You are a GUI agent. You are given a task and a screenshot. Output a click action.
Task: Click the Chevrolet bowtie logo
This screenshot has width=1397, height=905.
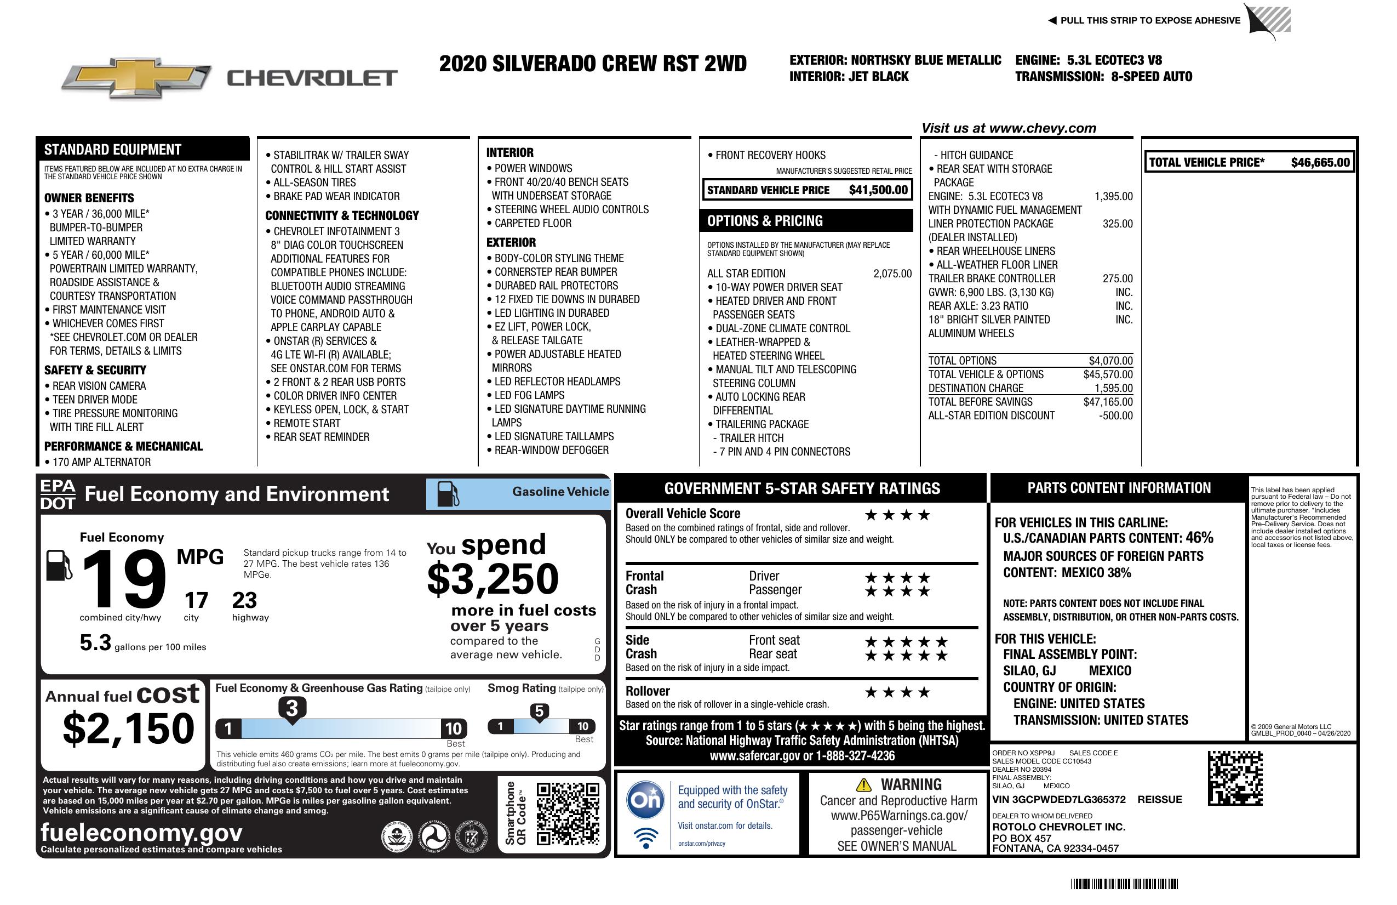136,78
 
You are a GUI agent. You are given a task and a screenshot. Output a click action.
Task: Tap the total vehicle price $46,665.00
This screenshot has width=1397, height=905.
1320,163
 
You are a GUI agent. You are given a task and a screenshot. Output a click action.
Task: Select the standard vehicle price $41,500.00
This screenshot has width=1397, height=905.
878,190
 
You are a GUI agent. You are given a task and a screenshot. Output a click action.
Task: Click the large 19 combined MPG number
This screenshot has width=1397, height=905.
124,579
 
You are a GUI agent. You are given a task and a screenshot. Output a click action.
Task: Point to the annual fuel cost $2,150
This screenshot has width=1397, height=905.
129,728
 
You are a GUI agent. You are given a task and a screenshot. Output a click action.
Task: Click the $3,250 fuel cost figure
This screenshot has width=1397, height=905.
493,579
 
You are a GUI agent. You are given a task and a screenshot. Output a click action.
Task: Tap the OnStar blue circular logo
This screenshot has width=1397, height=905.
645,799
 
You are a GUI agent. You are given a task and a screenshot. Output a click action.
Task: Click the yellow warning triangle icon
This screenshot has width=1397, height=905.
863,785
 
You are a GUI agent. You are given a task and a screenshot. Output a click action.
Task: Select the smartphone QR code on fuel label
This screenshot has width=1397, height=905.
568,813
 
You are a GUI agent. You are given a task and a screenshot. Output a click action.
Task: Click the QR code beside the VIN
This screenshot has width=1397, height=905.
1235,778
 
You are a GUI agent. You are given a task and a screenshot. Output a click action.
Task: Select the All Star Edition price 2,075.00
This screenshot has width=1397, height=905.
892,274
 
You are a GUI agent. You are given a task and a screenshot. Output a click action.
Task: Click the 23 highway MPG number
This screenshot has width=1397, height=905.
244,600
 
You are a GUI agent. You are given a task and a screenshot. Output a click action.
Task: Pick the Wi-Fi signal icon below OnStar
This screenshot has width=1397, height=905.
646,838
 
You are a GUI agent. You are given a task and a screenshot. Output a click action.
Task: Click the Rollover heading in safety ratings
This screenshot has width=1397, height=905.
648,691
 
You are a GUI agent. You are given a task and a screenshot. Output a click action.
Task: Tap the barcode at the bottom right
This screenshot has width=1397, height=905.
1124,884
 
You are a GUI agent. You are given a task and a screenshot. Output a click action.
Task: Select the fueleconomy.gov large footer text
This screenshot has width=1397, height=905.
141,832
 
